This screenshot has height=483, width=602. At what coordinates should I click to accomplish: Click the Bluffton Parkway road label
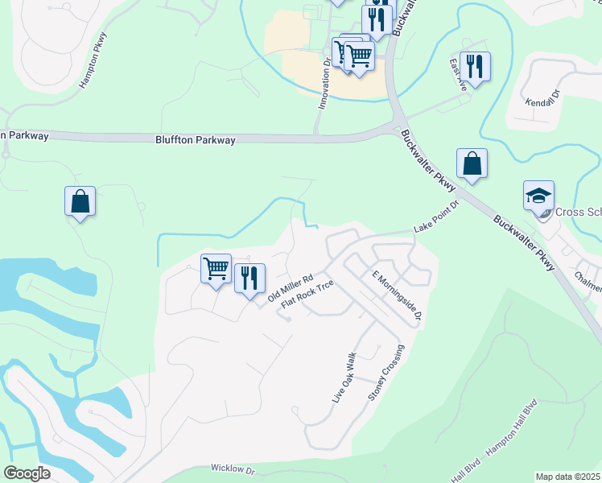click(x=196, y=140)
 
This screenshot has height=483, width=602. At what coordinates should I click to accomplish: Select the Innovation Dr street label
click(x=324, y=85)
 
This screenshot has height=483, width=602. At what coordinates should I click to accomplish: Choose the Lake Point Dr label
click(x=435, y=217)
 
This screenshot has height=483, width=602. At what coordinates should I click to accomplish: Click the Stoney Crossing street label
click(x=384, y=374)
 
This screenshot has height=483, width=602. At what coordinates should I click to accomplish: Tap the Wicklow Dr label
click(x=233, y=468)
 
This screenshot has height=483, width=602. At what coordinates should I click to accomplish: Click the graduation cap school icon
click(x=538, y=196)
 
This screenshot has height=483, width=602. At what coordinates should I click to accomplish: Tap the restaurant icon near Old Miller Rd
click(x=249, y=278)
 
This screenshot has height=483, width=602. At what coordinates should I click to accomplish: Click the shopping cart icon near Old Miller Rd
click(x=216, y=268)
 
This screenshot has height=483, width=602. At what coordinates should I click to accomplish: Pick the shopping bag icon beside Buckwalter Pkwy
click(x=472, y=163)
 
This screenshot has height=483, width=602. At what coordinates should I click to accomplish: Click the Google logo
click(x=27, y=473)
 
